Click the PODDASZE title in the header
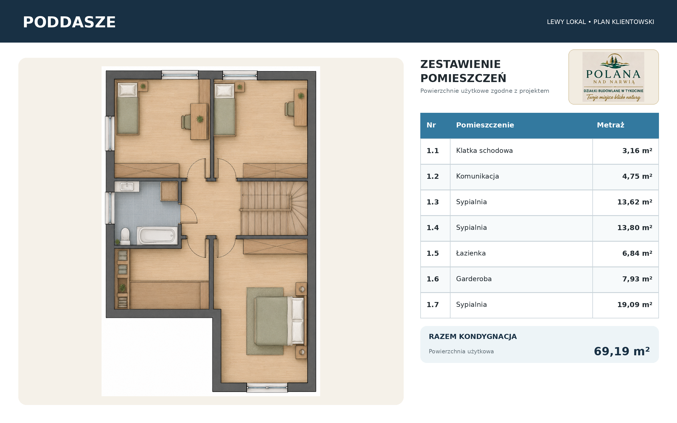[x=69, y=22]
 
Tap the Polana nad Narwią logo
[x=614, y=77]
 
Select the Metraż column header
[x=610, y=125]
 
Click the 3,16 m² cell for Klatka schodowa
[x=637, y=151]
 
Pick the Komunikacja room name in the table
[x=478, y=176]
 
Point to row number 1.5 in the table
[x=433, y=254]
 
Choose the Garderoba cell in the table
[x=474, y=279]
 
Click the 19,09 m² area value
[x=635, y=305]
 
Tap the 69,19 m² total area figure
[x=622, y=351]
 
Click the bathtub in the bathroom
[x=157, y=235]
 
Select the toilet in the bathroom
[x=125, y=236]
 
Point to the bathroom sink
[x=127, y=186]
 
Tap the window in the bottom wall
[x=267, y=388]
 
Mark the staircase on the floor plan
[x=274, y=208]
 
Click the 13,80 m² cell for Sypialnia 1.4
[x=635, y=228]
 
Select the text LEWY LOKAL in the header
[x=566, y=22]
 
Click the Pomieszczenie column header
[x=485, y=125]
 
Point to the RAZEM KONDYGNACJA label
[x=473, y=337]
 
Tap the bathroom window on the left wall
[x=110, y=208]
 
